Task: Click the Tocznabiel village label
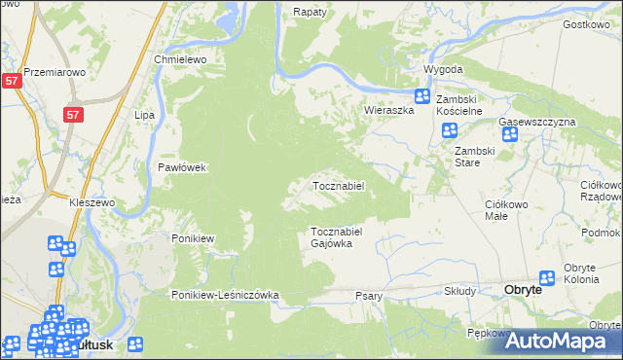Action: [338, 185]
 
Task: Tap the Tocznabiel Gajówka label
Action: [337, 237]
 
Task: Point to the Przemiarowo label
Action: [55, 72]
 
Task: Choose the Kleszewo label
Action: [92, 202]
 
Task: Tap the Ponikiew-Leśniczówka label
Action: [226, 295]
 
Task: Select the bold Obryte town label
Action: [531, 290]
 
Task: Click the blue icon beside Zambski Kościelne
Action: [422, 96]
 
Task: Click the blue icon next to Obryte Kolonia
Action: [547, 279]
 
